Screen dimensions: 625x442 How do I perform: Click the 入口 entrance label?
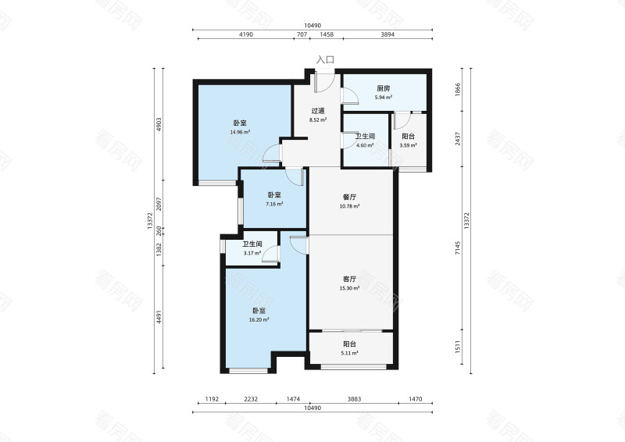tap(325, 60)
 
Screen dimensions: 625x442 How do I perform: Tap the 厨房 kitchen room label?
tap(383, 88)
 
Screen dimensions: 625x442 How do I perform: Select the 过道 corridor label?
tap(318, 111)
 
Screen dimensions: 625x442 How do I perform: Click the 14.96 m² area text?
tap(240, 132)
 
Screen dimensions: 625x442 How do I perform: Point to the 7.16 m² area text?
tap(274, 204)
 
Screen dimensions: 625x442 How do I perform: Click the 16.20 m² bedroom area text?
tap(259, 319)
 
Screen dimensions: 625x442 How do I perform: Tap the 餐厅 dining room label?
tap(349, 197)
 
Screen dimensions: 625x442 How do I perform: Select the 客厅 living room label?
tap(349, 279)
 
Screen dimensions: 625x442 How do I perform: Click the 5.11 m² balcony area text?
tap(349, 353)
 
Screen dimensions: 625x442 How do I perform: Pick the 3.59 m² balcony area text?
tap(408, 145)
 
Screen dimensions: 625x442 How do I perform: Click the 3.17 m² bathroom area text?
tap(252, 253)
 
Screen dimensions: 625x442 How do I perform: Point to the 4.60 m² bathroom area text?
tap(365, 145)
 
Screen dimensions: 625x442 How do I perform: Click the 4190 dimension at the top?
tap(246, 34)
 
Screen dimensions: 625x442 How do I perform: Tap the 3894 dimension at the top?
tap(387, 34)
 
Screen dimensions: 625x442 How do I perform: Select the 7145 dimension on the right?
tap(458, 248)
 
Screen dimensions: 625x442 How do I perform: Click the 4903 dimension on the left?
tap(159, 125)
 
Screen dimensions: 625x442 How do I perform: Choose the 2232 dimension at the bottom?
tap(251, 399)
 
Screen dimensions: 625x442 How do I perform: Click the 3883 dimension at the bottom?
tap(354, 399)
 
